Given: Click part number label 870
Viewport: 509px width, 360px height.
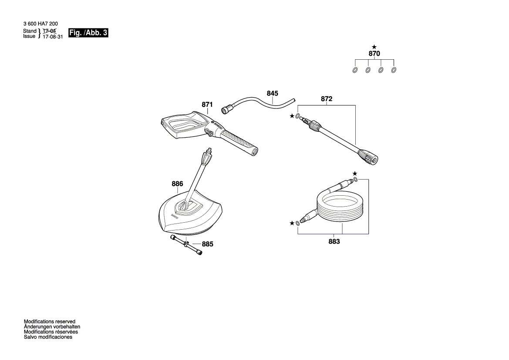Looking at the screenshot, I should point(374,54).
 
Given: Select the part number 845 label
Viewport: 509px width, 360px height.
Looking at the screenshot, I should point(273,93).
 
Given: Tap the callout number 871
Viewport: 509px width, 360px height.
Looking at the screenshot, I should point(207,105).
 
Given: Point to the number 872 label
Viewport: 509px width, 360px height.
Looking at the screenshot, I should point(327,99).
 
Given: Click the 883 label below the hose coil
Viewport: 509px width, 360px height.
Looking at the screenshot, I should point(334,241).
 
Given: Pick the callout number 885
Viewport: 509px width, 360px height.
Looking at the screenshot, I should point(207,245).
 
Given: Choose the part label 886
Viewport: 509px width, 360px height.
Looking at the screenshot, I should point(177,184).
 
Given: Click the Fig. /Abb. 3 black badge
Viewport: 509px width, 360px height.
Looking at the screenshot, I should point(88,33).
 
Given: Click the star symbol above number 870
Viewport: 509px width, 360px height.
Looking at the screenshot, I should point(374,47).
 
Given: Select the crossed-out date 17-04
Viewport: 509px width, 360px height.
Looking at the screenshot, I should point(50,31).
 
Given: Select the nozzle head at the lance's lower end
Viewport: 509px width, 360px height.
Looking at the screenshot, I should point(368,156).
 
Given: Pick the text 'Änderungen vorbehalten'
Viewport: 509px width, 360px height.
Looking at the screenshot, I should point(52,326).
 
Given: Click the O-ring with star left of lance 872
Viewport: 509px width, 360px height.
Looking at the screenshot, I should point(297,116).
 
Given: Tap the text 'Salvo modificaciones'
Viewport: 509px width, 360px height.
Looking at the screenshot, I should point(48,337).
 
